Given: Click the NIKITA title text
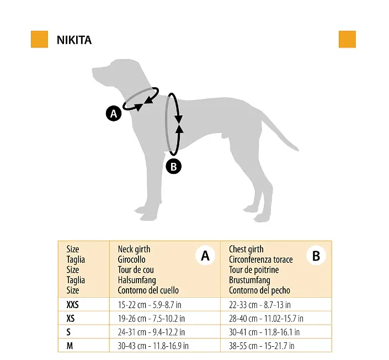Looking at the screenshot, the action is tap(74, 40).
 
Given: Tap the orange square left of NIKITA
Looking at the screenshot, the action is tap(39, 39).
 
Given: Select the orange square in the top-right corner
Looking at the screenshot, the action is tap(347, 39).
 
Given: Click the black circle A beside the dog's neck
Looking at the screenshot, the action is tap(114, 114).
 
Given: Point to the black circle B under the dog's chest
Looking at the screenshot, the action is tap(174, 166).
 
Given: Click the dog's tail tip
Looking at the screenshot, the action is tap(298, 150).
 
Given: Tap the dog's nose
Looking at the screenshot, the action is tap(93, 70).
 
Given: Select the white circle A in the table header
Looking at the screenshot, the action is tap(205, 256).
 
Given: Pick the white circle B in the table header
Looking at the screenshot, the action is tap(316, 256).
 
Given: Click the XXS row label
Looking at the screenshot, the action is tap(72, 305).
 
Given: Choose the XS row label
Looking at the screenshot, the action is tap(71, 318).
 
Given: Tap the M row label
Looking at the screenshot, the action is tap(70, 346).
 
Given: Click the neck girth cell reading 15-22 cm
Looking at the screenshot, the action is tap(150, 305).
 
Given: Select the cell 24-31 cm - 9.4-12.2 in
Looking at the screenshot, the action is tap(151, 332).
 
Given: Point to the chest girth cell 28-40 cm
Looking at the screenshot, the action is tap(266, 318).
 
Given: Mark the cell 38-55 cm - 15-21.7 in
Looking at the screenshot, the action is tap(262, 346).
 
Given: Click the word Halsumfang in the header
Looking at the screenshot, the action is tap(137, 280).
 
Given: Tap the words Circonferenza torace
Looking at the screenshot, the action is tap(261, 260).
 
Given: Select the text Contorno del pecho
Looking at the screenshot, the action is tap(259, 290).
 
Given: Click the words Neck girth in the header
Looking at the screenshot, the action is tap(134, 249).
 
